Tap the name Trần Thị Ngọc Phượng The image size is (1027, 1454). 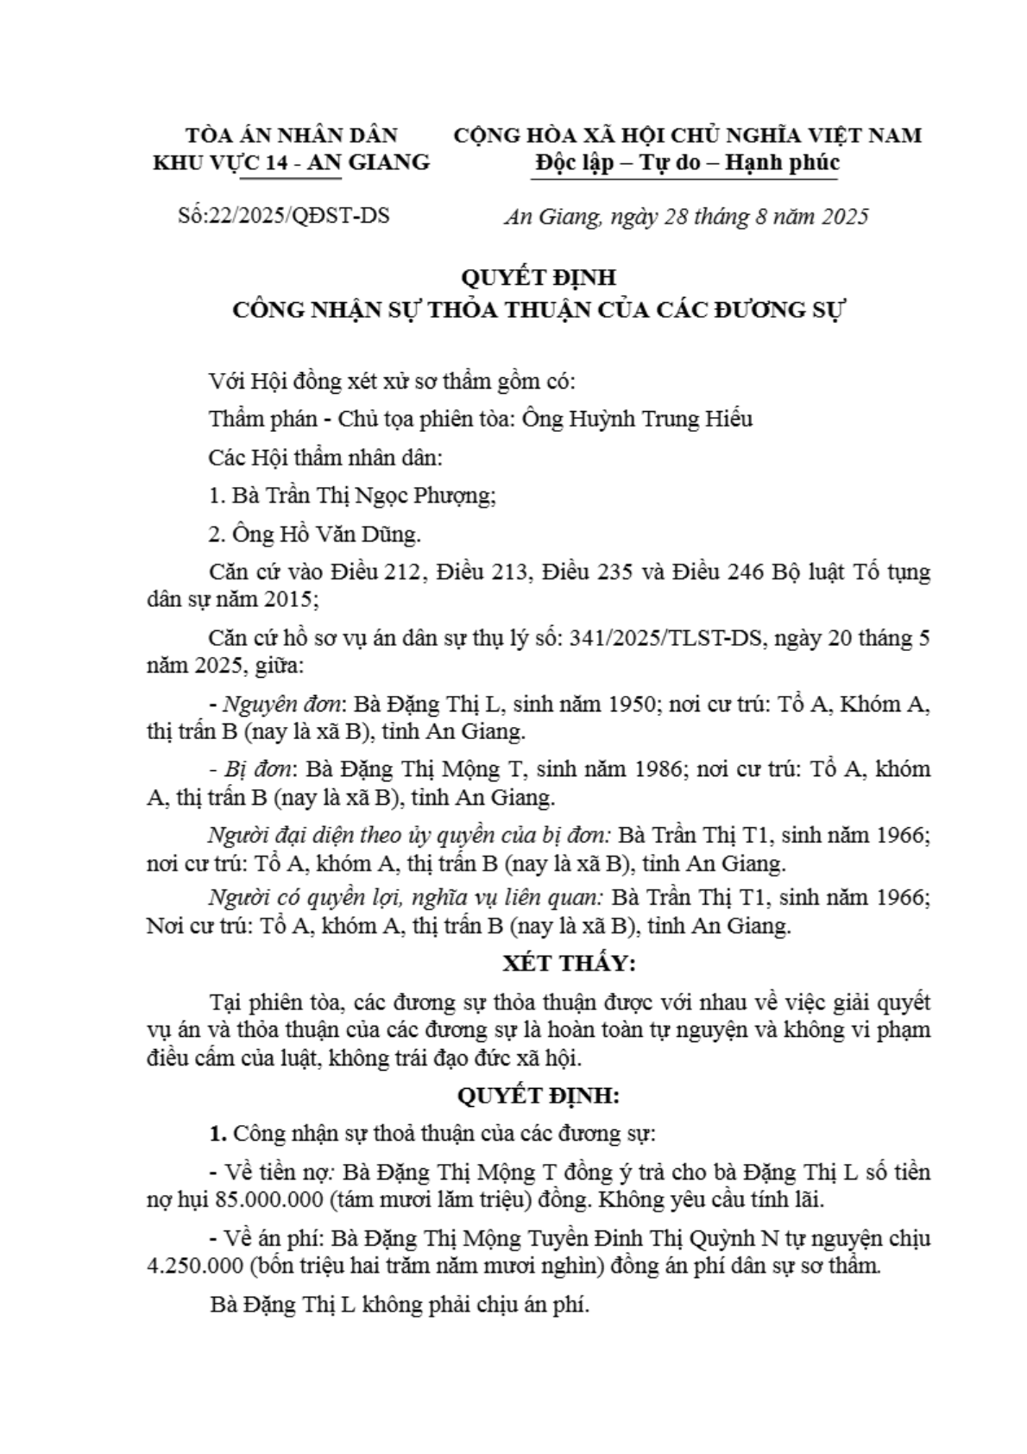tap(373, 496)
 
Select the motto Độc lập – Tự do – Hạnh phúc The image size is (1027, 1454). tap(687, 162)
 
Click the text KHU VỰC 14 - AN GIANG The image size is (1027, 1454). tap(291, 162)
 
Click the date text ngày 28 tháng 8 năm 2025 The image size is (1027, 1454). tap(739, 216)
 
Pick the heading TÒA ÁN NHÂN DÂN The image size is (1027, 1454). tap(292, 136)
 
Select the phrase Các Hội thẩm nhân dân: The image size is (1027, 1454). tap(325, 458)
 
